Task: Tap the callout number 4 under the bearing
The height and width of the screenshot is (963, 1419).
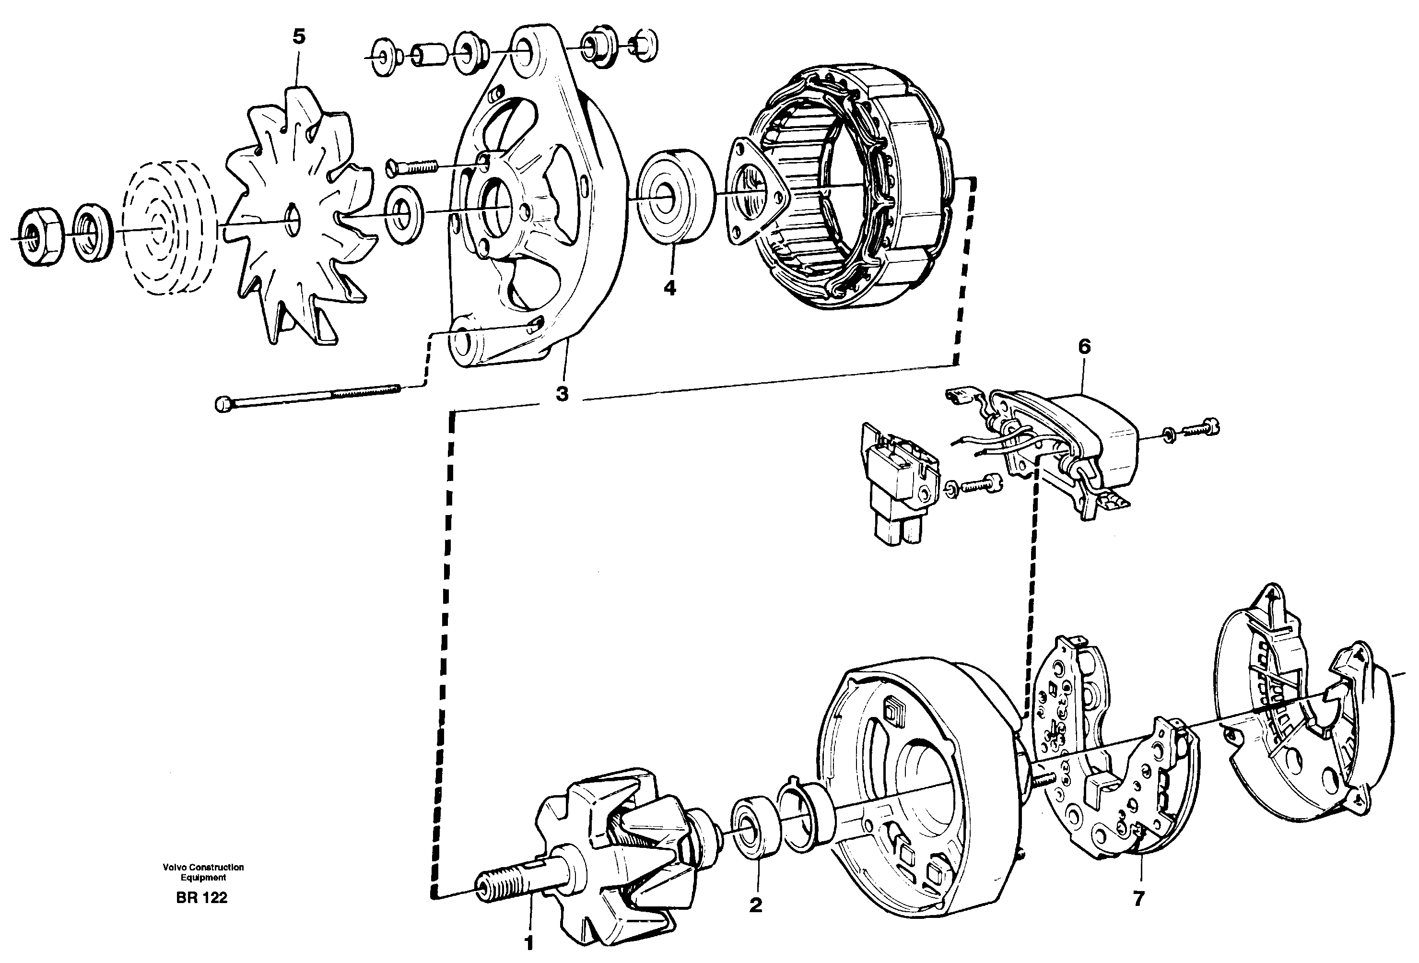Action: (x=670, y=288)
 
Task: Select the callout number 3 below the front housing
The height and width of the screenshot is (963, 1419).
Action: (x=562, y=395)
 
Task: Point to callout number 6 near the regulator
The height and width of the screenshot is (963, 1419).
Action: (x=1084, y=347)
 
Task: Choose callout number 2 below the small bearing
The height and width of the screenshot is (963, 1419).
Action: (x=756, y=905)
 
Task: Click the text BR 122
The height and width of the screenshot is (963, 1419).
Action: (x=201, y=898)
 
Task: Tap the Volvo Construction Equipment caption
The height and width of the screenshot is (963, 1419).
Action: (x=203, y=872)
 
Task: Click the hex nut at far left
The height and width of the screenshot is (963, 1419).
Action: (x=40, y=236)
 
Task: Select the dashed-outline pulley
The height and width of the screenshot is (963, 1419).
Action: (x=168, y=225)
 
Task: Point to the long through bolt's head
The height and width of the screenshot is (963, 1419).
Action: (x=223, y=404)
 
